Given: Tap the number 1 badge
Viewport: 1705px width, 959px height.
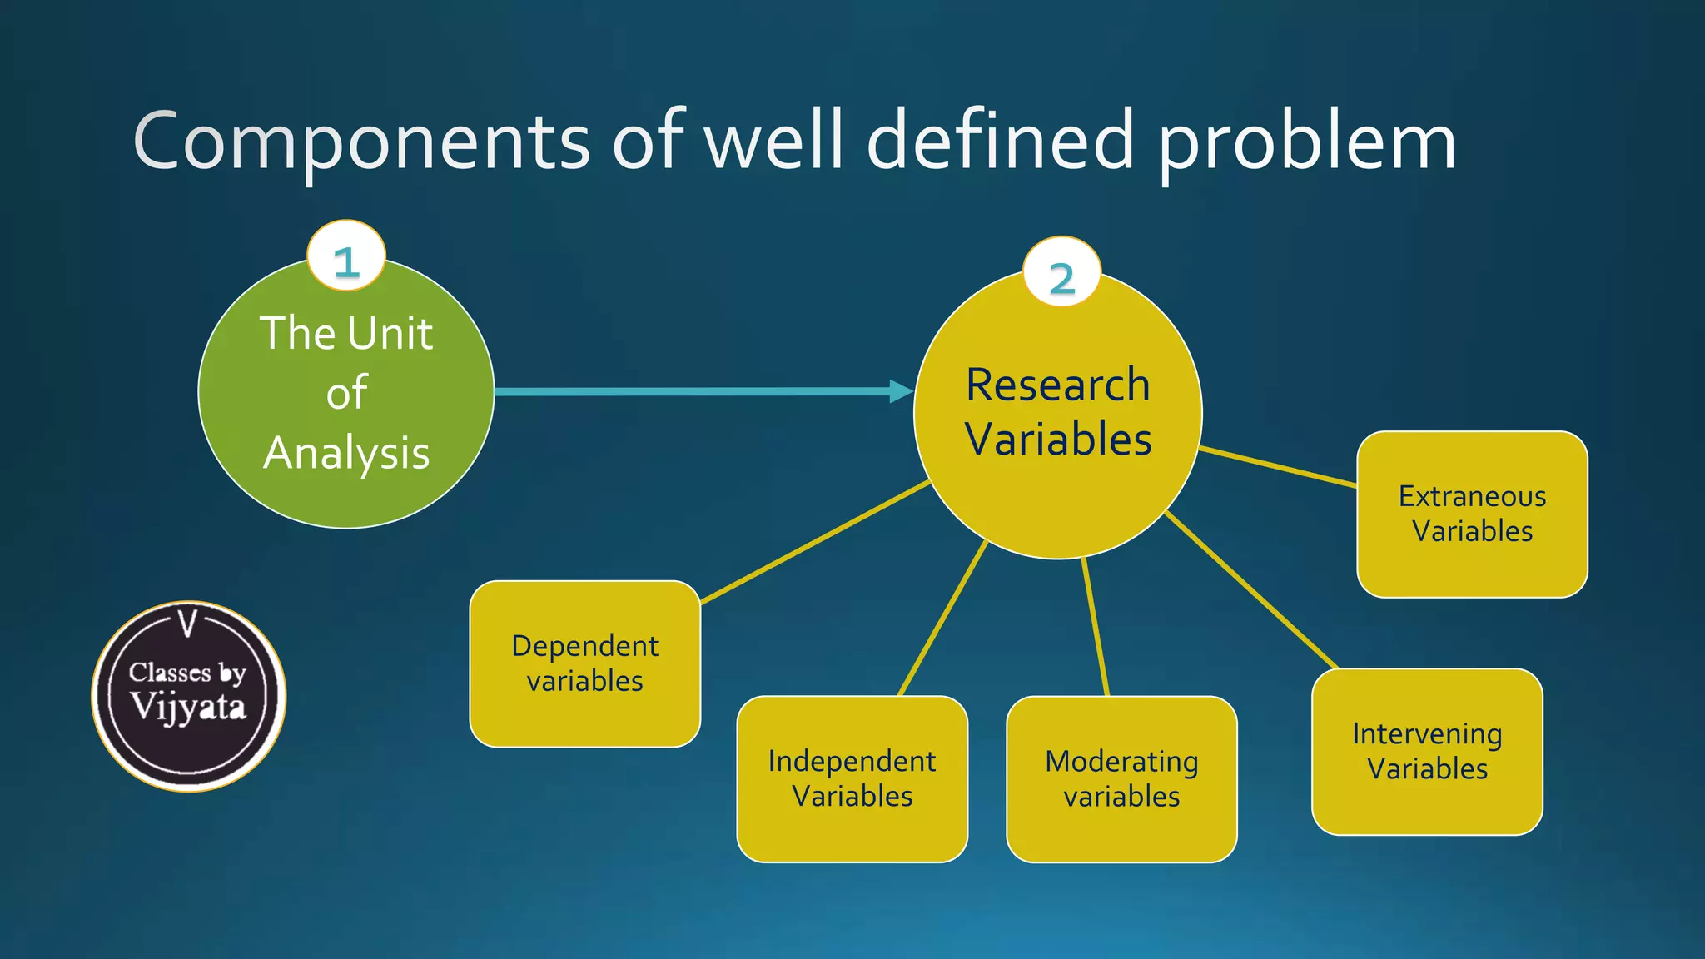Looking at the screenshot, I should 346,256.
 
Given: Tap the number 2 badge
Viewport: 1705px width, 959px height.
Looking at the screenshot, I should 1061,273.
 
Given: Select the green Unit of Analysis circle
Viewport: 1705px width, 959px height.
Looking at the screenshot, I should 346,391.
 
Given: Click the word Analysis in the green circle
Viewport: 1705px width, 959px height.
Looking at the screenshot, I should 346,453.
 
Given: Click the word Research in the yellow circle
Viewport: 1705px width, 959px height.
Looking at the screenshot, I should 1057,385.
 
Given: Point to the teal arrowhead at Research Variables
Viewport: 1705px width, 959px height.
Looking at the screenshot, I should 901,391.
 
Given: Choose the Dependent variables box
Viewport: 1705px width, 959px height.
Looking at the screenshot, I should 584,663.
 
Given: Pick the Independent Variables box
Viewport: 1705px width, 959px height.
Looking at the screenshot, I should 852,778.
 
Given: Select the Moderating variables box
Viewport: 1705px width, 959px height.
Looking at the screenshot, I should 1121,778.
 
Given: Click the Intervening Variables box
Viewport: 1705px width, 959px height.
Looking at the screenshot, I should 1426,751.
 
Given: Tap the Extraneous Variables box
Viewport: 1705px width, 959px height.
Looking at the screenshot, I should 1471,514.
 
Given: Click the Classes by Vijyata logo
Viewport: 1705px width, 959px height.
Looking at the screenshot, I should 189,696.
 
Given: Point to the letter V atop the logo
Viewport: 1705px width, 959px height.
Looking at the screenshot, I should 189,624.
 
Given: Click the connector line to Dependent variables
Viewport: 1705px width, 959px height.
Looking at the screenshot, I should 816,542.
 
